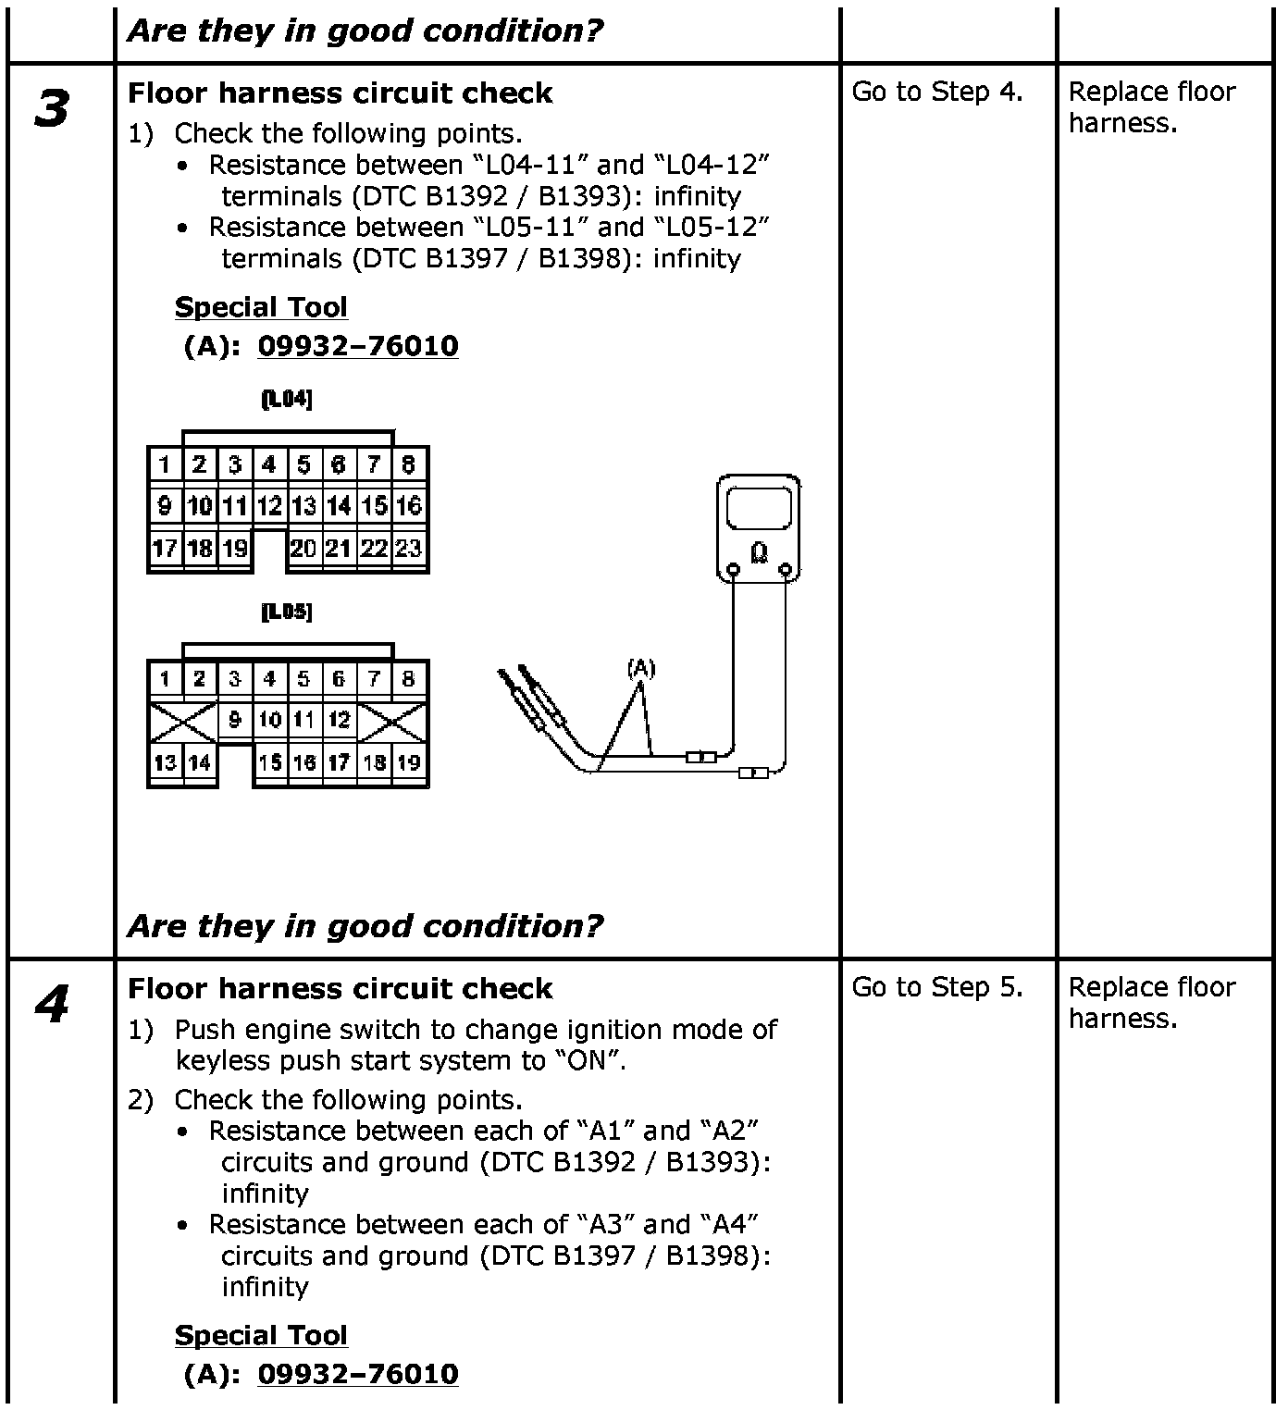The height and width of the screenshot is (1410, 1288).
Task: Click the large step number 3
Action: click(52, 108)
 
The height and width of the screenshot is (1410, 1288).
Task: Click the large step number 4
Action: click(52, 1005)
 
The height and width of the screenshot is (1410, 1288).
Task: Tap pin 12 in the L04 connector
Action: click(269, 506)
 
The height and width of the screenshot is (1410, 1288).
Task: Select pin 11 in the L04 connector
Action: click(235, 506)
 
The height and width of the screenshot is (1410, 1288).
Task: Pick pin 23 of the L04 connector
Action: click(409, 549)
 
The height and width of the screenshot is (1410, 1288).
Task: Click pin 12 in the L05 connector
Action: click(340, 720)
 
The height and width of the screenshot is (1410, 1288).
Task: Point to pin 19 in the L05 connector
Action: click(409, 762)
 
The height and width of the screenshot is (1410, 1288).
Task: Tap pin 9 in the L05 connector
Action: click(235, 720)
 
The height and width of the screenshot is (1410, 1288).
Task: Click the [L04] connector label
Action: click(287, 400)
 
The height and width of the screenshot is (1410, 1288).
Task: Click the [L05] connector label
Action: click(287, 612)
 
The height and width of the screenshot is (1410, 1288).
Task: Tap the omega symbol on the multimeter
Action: click(760, 552)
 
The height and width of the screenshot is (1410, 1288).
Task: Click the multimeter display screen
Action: click(760, 510)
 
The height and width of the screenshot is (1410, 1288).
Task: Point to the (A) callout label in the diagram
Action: click(640, 668)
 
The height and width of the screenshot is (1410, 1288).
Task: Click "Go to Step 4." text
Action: click(936, 92)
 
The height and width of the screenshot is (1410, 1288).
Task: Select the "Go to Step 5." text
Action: click(936, 987)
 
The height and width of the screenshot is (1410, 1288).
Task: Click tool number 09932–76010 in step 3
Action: click(357, 346)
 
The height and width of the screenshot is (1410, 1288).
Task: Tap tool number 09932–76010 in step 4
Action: click(357, 1374)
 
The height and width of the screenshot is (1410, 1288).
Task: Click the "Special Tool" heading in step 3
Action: click(261, 307)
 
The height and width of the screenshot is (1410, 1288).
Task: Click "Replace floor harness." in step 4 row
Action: click(1151, 1003)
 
